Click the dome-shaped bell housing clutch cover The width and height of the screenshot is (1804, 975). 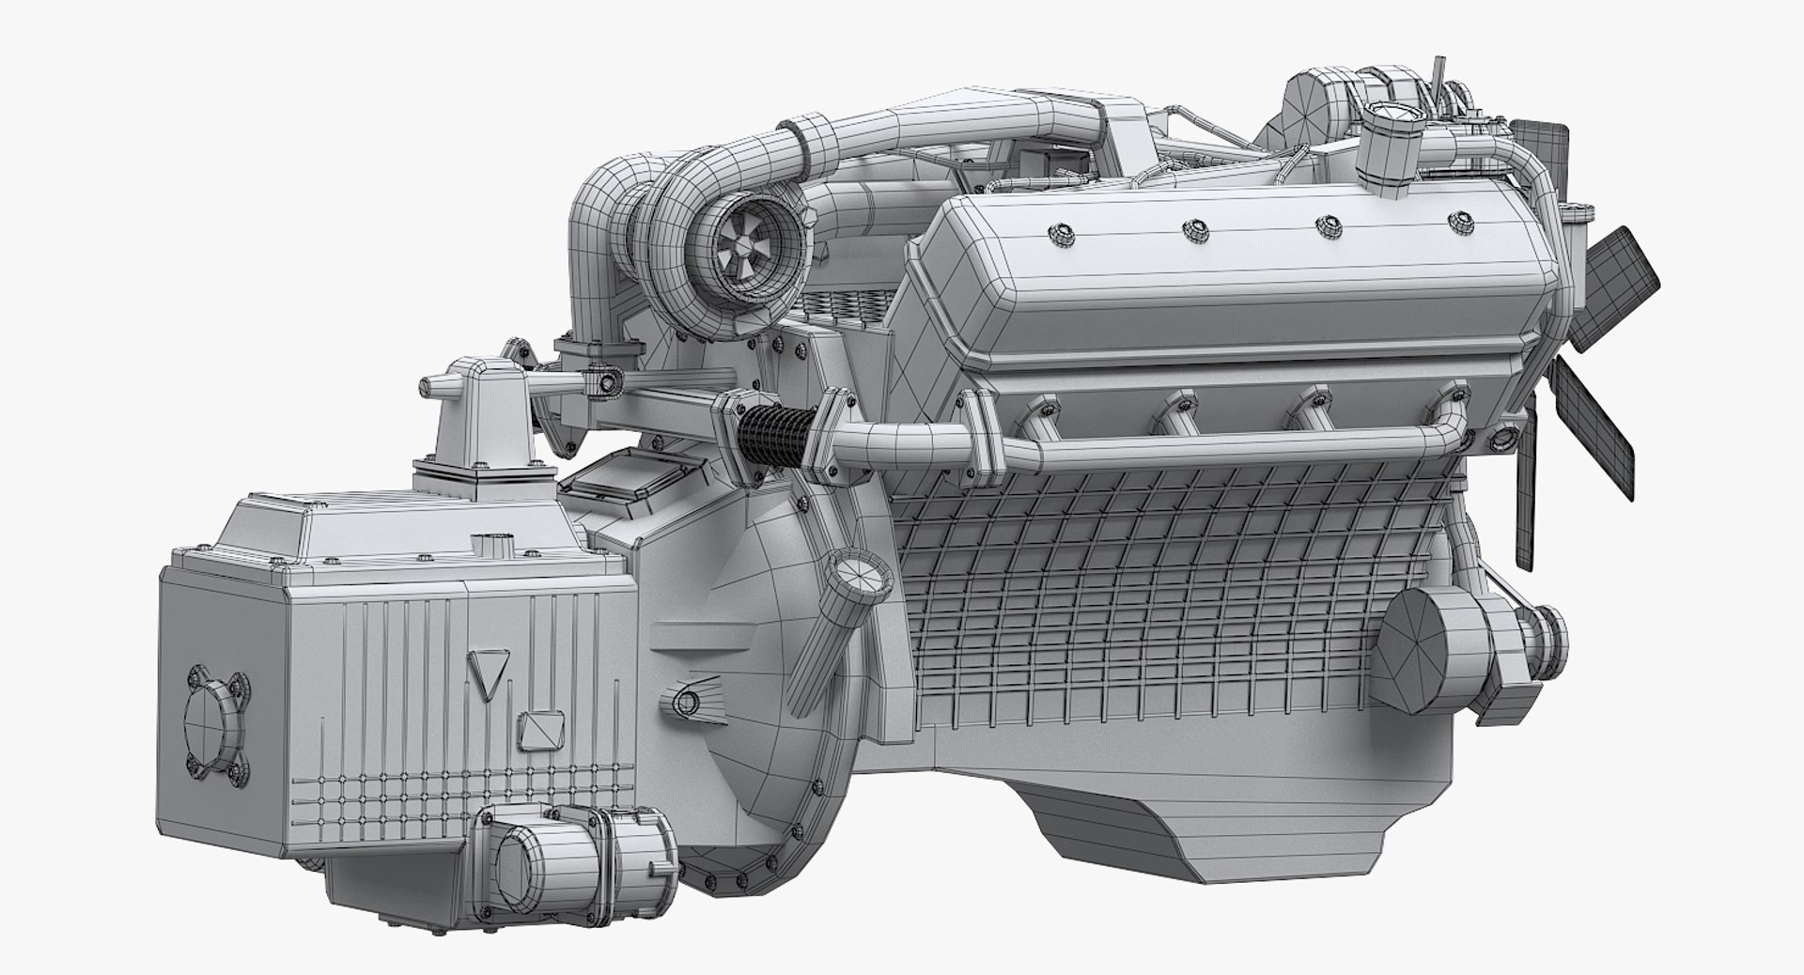(x=752, y=658)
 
